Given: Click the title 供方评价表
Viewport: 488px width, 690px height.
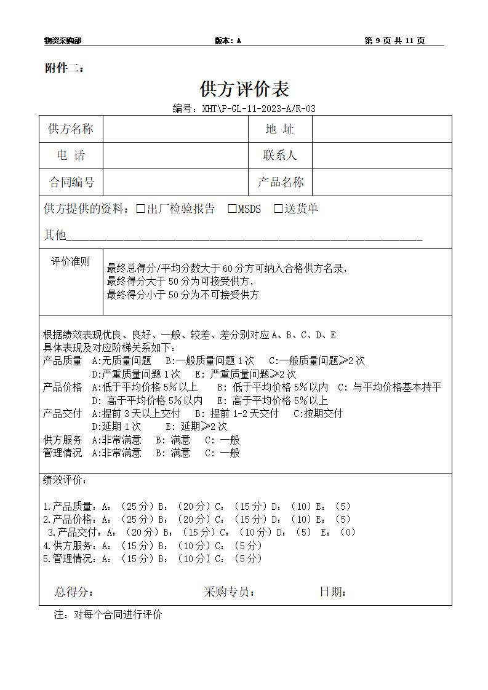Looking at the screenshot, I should click(x=244, y=89).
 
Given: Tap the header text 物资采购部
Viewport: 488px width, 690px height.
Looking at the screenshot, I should click(x=63, y=41).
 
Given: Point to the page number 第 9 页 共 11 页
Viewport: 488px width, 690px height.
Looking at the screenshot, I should click(x=394, y=41).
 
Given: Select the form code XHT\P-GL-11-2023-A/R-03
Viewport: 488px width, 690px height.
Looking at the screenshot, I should click(x=244, y=109).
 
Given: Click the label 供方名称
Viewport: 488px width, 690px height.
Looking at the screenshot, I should click(x=71, y=129).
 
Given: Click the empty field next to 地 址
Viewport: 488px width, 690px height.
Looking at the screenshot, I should click(x=382, y=129).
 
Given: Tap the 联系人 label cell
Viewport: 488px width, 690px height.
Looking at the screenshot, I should click(x=280, y=156).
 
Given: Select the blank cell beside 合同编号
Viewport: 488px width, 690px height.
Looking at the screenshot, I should click(x=175, y=183).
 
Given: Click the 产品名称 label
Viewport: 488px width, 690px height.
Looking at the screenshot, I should click(x=280, y=183).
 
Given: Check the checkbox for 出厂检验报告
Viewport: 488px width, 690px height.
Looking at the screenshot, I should click(x=140, y=209).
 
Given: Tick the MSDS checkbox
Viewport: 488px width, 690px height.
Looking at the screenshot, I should click(x=232, y=209).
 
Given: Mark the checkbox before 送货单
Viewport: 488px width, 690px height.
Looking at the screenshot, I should click(x=278, y=209).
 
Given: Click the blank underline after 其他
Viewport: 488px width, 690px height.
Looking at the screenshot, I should click(x=244, y=236).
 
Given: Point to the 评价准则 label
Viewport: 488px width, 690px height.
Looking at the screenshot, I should click(x=70, y=262).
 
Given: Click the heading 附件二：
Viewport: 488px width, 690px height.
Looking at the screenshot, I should click(x=65, y=68).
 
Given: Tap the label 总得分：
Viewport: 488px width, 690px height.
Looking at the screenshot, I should click(x=74, y=592).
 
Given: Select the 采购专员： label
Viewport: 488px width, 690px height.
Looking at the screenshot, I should click(x=230, y=592).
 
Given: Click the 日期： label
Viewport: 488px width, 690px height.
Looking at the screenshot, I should click(x=333, y=592).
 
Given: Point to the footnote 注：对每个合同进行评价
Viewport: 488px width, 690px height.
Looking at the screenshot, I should click(x=108, y=614).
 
